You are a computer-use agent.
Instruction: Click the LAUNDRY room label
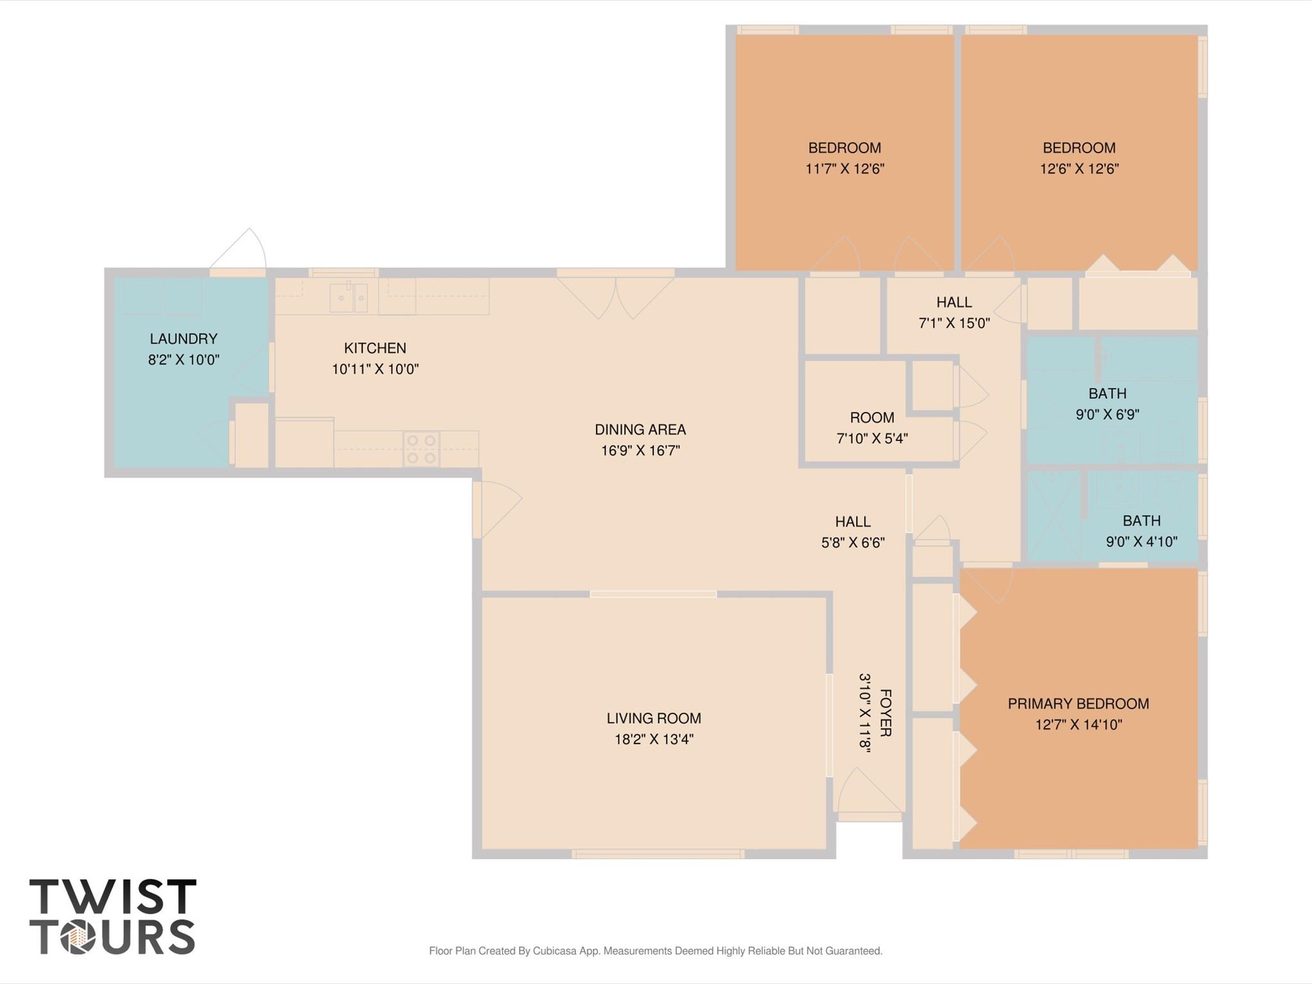(183, 338)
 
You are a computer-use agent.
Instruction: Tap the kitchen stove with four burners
(422, 449)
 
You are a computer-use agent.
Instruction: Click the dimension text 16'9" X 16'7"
(640, 451)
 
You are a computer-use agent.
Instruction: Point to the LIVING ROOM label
(654, 718)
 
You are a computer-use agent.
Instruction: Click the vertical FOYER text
(885, 713)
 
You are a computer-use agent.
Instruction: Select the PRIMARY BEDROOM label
(1078, 704)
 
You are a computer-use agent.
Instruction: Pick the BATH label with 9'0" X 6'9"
(1107, 394)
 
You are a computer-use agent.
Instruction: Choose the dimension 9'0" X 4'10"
(1142, 542)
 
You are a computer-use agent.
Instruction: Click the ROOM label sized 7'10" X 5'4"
(872, 418)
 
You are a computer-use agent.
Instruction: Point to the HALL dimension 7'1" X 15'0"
(954, 323)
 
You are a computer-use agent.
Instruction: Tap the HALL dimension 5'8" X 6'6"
(853, 542)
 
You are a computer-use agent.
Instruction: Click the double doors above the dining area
(615, 295)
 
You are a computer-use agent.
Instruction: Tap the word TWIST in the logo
(113, 897)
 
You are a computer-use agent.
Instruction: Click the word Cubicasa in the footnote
(558, 951)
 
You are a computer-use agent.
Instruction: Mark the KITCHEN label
(375, 348)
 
